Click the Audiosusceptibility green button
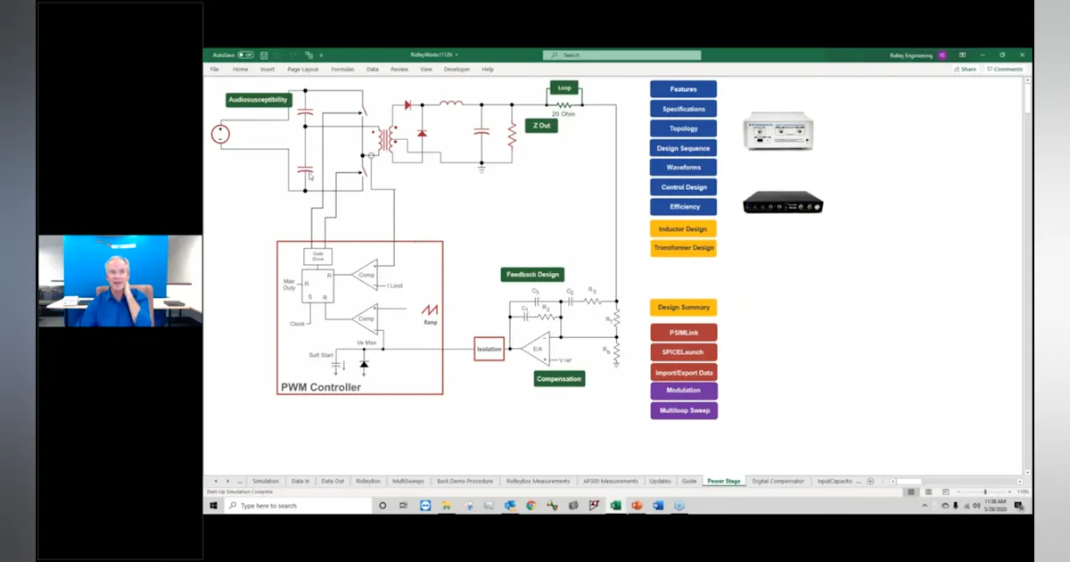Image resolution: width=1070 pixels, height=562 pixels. pos(258,100)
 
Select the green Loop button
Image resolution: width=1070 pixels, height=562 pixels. pos(564,88)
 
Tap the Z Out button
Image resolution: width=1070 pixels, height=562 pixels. pos(541,126)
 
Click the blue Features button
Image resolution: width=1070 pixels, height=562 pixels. pos(683,89)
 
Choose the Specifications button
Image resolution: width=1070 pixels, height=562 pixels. pos(683,109)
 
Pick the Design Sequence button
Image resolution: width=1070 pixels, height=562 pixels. pos(683,148)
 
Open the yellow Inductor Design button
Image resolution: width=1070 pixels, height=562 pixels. pos(683,229)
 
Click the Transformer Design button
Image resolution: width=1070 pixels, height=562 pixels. pos(683,248)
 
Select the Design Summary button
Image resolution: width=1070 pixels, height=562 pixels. pos(683,308)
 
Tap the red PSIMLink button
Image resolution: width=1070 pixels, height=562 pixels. pos(683,333)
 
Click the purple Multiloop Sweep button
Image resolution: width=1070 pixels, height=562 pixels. pos(683,410)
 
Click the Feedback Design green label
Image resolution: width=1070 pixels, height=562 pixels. pos(532,275)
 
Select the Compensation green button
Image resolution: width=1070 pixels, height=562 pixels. pos(559,379)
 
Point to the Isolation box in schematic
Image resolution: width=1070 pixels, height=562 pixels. pos(489,350)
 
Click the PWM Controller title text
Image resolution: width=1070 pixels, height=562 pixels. pos(321,387)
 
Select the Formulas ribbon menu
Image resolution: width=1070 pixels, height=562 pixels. pos(342,69)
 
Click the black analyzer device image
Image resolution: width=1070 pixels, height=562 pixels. pos(782,204)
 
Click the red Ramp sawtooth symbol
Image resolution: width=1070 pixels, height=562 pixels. pos(430,310)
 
